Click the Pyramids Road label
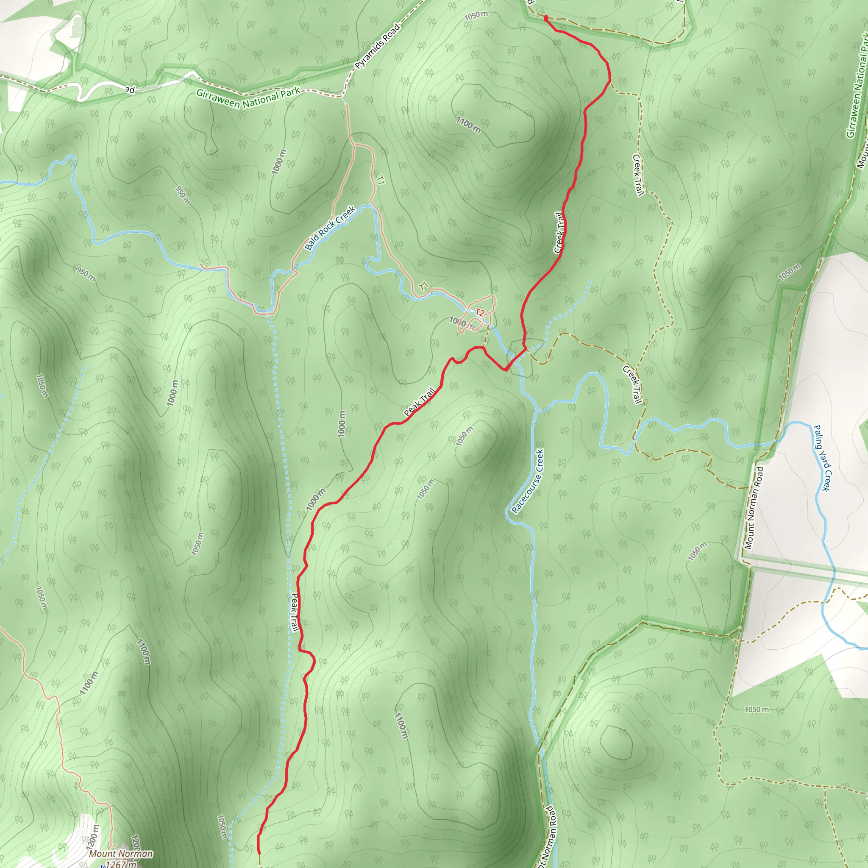coord(377,47)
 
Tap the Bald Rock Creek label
coord(330,228)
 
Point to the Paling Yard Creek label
coord(823,458)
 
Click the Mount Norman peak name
coord(121,854)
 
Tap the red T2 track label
coord(480,313)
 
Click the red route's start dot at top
coord(545,18)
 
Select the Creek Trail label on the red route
coord(559,233)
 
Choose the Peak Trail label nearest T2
coord(420,402)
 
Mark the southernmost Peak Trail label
coord(295,612)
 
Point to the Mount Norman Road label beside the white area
coord(754,508)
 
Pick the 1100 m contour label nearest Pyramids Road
coord(468,125)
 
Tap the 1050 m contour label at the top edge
coord(476,16)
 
